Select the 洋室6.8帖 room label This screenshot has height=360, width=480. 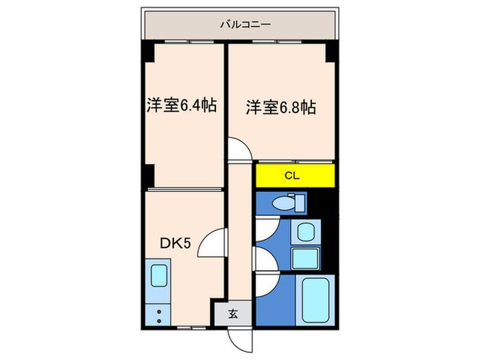click(x=281, y=107)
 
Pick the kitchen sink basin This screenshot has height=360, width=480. click(x=159, y=276)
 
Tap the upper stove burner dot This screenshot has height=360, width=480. click(x=159, y=312)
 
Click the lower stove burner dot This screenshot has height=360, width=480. click(x=159, y=320)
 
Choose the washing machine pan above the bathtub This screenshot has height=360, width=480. click(x=304, y=258)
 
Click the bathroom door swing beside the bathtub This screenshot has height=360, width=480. click(x=266, y=283)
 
